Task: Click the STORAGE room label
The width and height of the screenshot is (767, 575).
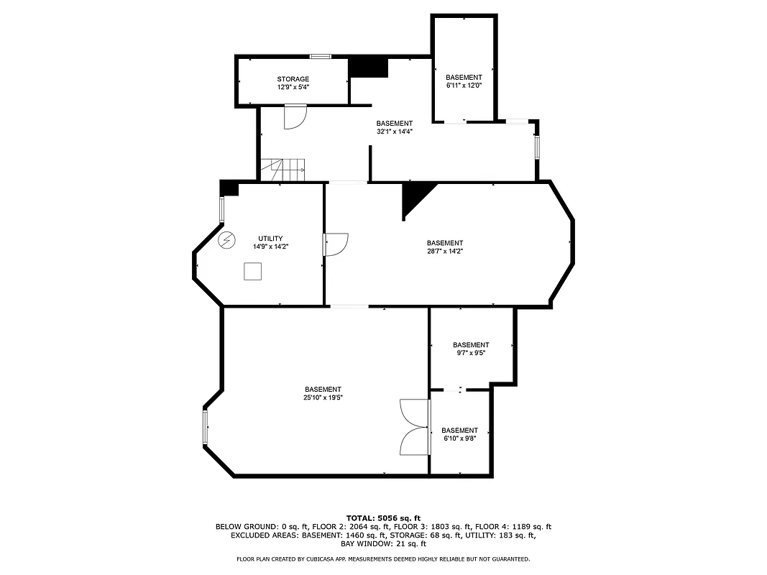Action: (x=293, y=79)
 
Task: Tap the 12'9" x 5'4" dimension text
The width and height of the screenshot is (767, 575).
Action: (x=293, y=87)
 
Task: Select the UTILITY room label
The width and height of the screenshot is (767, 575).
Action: (x=270, y=239)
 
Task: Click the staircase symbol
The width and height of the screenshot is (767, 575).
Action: (x=283, y=170)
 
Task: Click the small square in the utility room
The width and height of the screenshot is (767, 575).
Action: (x=252, y=271)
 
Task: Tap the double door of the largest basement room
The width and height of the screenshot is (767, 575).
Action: (x=415, y=427)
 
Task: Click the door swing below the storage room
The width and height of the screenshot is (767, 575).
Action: (x=295, y=116)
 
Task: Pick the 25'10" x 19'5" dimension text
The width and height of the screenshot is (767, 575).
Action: (x=323, y=397)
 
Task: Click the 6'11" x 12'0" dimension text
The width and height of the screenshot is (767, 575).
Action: (x=464, y=86)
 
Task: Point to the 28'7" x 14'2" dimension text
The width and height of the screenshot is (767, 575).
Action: (x=445, y=251)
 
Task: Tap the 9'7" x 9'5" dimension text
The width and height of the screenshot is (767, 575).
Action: (x=471, y=353)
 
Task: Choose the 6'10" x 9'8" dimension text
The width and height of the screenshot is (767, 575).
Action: (x=459, y=438)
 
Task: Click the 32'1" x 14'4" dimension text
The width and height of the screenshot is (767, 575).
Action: (x=394, y=132)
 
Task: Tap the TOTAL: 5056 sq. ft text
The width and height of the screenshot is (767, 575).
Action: (x=383, y=517)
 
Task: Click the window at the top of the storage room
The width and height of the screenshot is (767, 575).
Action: (x=320, y=56)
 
